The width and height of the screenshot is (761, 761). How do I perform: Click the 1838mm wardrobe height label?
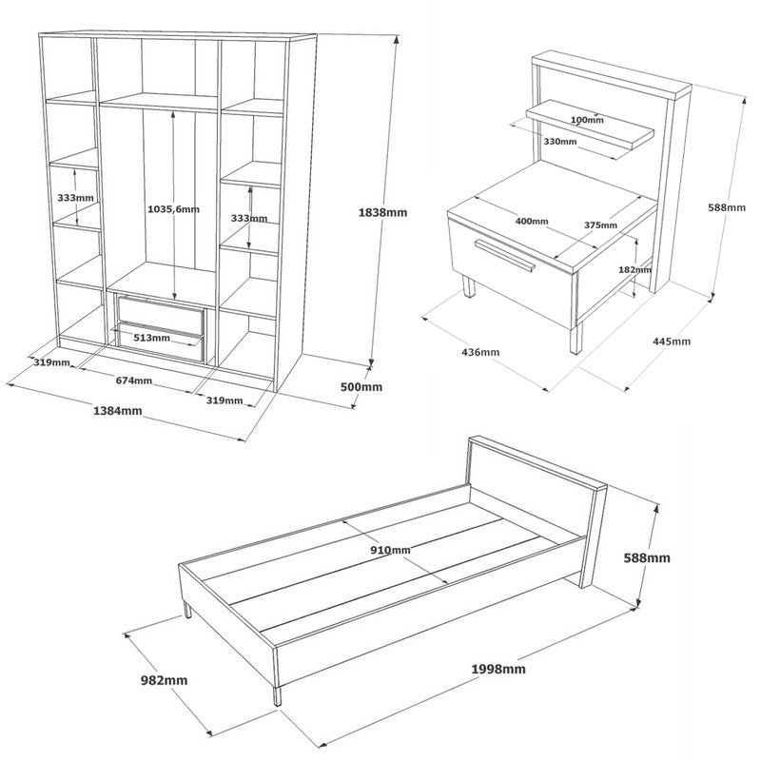click(383, 212)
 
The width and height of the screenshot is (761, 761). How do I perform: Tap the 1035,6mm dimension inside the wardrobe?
click(173, 209)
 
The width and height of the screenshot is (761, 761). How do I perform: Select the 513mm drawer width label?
click(151, 338)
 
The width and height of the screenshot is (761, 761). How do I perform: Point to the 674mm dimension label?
click(133, 380)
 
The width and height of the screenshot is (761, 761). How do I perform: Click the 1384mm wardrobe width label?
click(117, 411)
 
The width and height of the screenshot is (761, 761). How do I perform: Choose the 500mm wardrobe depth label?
click(361, 387)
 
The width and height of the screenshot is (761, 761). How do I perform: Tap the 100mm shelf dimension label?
click(587, 120)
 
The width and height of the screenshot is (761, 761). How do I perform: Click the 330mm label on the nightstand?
click(560, 141)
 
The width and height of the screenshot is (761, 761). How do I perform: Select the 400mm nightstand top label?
click(532, 222)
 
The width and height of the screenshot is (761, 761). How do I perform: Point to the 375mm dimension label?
click(600, 225)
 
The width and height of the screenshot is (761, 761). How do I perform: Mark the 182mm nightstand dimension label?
click(635, 269)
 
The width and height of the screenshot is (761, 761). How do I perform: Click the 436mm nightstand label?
click(480, 352)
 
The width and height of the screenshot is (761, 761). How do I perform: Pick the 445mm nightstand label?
click(672, 341)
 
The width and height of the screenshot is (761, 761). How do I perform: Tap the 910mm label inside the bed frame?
click(390, 550)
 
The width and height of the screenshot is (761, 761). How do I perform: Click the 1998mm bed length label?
click(498, 669)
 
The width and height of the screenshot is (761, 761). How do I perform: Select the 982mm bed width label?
click(164, 680)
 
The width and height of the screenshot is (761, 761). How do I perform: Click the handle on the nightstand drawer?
click(504, 256)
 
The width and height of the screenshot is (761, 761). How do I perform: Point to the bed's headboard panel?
click(537, 500)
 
